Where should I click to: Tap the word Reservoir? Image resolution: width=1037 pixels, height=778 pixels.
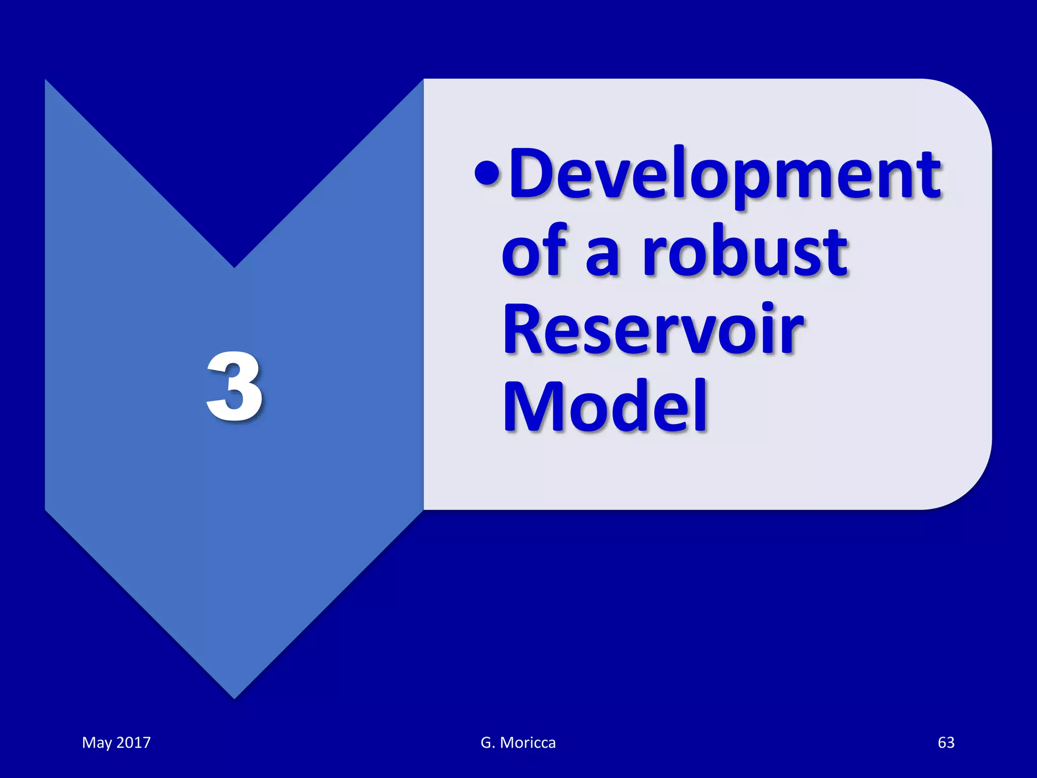653,329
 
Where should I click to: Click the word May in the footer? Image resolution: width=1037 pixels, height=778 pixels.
97,743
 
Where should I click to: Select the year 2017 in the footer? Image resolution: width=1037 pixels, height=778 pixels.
134,743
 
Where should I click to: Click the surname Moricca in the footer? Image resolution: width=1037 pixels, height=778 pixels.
528,743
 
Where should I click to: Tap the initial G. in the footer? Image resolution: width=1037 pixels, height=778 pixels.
487,743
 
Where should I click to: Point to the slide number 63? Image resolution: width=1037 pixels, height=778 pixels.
946,743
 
